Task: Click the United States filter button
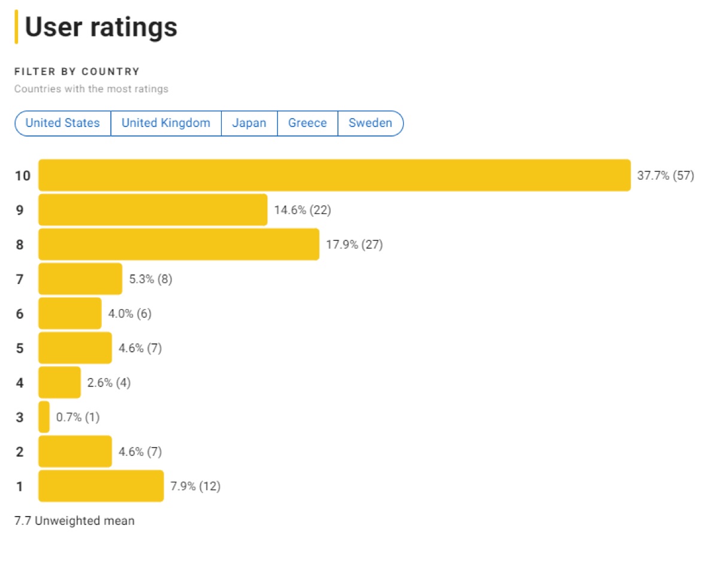point(63,123)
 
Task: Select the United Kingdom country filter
point(166,123)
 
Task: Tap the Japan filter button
point(249,123)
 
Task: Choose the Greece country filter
point(307,123)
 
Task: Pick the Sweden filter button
point(370,123)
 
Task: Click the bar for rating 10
point(334,176)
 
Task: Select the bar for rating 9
point(153,210)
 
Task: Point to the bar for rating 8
point(179,244)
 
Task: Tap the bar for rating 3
point(44,417)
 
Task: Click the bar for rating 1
point(101,486)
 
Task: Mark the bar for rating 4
point(59,382)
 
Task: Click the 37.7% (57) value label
point(665,176)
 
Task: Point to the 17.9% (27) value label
point(354,244)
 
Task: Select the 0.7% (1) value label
point(78,417)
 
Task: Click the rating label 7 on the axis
point(20,279)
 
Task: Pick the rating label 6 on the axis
point(20,313)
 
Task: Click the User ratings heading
point(101,28)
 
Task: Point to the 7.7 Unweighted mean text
point(74,521)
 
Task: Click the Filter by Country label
point(77,72)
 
